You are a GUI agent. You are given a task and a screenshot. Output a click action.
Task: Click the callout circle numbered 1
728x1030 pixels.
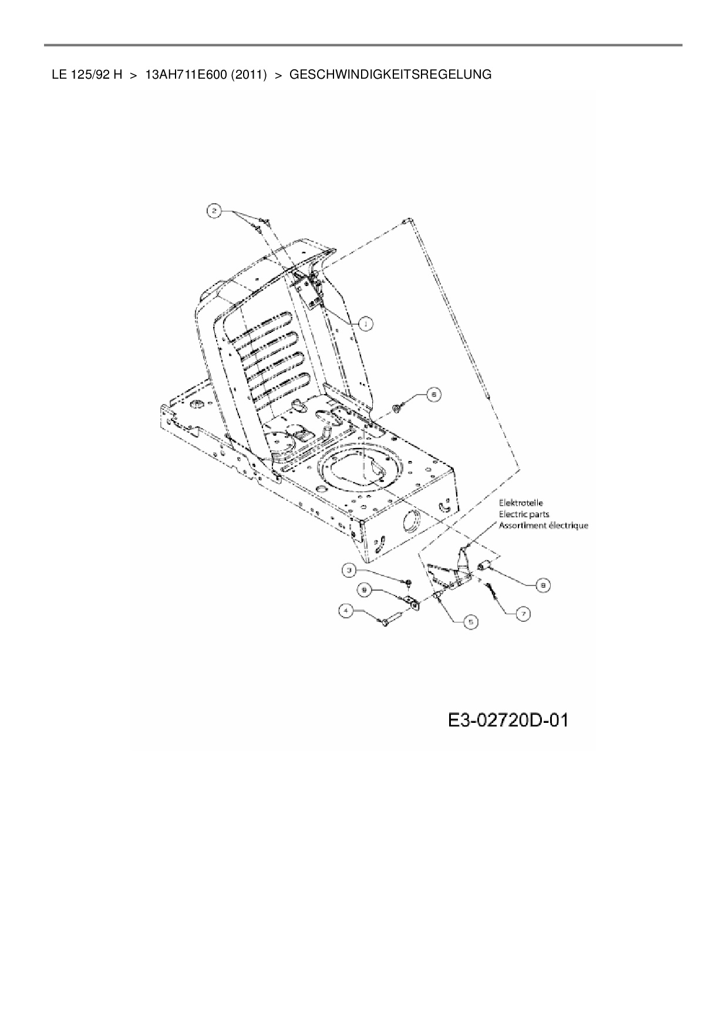tap(366, 323)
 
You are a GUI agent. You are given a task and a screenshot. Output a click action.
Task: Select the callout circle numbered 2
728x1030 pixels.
tap(215, 211)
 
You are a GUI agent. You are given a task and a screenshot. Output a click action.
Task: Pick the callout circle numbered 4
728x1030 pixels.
tap(346, 611)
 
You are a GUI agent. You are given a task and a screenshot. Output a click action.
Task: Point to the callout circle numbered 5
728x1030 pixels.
tap(470, 622)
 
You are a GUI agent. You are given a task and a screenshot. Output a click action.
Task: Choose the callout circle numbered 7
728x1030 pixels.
tap(522, 613)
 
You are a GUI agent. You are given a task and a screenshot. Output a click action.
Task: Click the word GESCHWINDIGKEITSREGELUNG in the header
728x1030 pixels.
tap(390, 75)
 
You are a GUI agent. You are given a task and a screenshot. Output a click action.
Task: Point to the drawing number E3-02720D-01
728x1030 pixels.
tap(508, 720)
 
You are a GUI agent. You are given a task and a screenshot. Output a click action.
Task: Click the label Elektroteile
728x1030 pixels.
tap(521, 503)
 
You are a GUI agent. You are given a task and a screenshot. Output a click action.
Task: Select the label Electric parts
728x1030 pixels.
tap(524, 514)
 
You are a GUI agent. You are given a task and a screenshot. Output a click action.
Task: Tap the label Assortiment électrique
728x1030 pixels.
tap(543, 526)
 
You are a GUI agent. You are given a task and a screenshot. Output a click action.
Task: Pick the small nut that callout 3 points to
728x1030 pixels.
tap(409, 582)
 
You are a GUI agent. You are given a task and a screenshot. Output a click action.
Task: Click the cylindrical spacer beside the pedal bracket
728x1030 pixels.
tap(485, 566)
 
